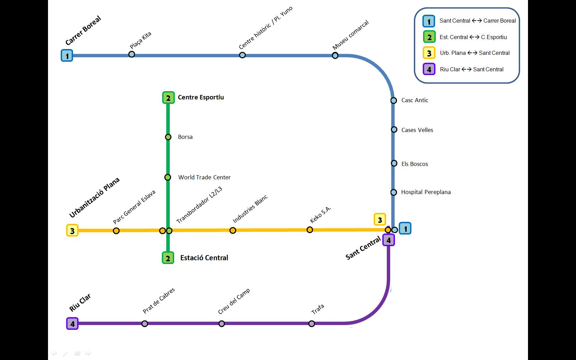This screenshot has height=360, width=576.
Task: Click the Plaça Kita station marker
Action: [x=132, y=54]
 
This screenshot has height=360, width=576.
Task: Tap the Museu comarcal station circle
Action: [x=335, y=56]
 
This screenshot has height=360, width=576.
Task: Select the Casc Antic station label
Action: [x=415, y=100]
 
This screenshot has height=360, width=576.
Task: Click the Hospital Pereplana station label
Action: [x=426, y=192]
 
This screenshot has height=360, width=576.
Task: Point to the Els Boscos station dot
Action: [x=394, y=164]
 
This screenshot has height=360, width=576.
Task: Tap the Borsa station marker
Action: [x=168, y=137]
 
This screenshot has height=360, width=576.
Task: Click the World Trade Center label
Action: [x=204, y=177]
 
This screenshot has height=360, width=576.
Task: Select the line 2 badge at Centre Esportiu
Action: [x=168, y=98]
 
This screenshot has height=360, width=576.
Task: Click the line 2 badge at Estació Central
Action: [x=168, y=258]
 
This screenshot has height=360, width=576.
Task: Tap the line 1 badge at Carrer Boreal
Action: [x=67, y=56]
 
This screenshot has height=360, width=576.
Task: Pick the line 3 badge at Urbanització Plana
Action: [x=72, y=231]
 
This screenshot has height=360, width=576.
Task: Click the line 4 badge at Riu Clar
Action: [x=72, y=324]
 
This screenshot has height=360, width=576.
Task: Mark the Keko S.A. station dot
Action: [x=310, y=230]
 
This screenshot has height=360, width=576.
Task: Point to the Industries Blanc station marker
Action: [x=233, y=230]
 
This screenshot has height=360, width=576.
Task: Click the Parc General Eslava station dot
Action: [x=116, y=231]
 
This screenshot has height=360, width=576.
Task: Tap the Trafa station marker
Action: [x=312, y=324]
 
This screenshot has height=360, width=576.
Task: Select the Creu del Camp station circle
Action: [x=221, y=324]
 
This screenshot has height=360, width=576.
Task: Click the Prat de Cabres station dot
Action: [x=145, y=324]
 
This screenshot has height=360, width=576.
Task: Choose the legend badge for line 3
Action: [x=429, y=53]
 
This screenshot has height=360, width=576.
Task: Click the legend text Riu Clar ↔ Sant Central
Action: [x=472, y=69]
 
